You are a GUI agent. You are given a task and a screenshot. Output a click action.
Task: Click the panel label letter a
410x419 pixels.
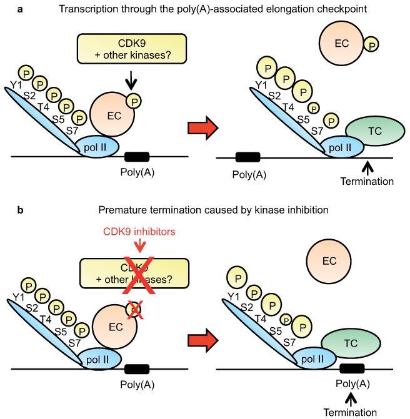point(20,9)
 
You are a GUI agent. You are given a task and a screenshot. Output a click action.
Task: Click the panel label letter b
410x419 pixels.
point(20,211)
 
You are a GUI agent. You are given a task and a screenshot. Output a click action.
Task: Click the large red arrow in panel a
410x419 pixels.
point(202,127)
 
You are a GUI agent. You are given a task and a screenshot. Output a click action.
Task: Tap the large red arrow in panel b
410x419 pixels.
point(202,339)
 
